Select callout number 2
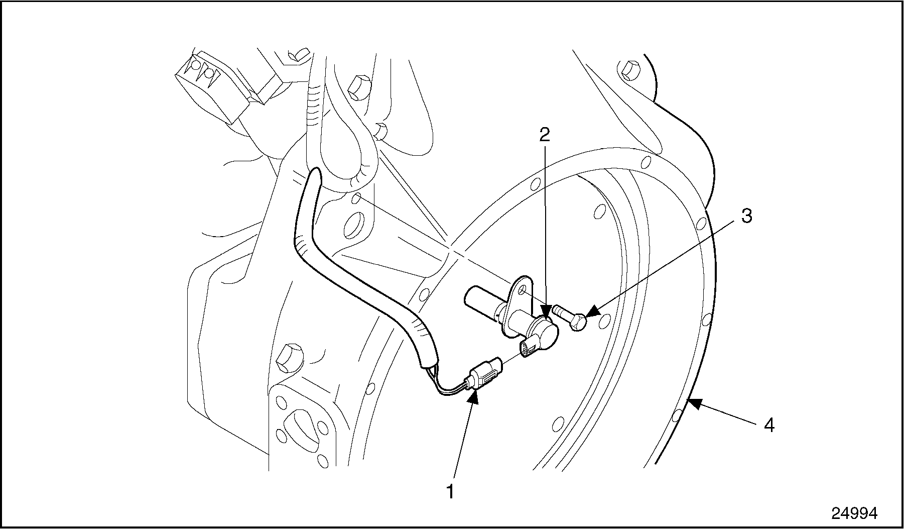coord(545,134)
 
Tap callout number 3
coord(746,216)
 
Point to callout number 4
coord(769,426)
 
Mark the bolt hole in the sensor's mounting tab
coord(522,290)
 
